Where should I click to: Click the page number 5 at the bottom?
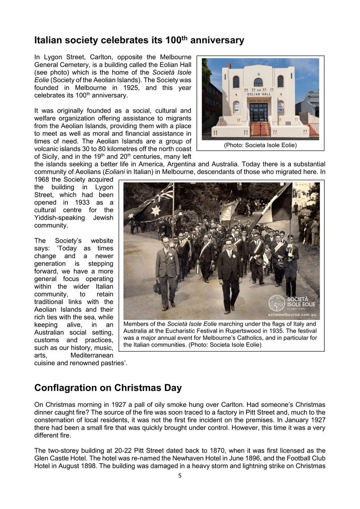[x=180, y=475]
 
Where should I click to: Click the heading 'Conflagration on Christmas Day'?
[x=108, y=388]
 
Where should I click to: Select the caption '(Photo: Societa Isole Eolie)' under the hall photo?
[x=260, y=145]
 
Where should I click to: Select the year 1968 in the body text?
[x=42, y=179]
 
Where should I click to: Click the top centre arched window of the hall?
[x=258, y=82]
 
